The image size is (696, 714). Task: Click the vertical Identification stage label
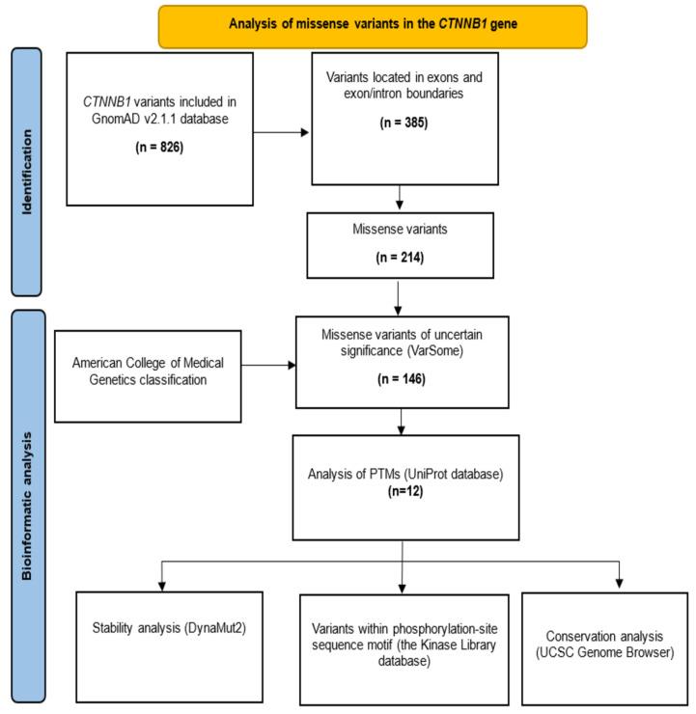click(x=28, y=171)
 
